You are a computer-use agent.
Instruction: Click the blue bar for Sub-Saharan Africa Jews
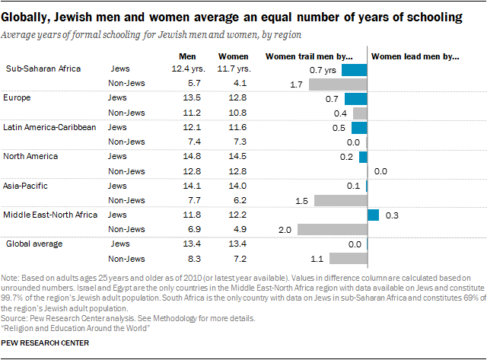(354, 70)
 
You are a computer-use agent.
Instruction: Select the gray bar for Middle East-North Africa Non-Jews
(332, 229)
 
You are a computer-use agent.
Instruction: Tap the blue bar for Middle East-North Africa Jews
(373, 215)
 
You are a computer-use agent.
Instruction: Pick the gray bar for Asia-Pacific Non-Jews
(340, 200)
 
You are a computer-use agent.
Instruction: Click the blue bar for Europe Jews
(355, 99)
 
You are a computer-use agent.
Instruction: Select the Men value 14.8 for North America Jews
(188, 156)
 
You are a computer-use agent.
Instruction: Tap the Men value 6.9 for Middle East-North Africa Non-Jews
(188, 228)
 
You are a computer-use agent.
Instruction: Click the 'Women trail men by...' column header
(308, 56)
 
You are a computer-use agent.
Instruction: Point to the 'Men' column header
(187, 56)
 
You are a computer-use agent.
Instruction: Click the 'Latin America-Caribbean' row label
(50, 126)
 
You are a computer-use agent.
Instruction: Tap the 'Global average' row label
(36, 244)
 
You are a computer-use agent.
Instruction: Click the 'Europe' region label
(18, 98)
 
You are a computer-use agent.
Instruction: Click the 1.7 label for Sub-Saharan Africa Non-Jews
(297, 84)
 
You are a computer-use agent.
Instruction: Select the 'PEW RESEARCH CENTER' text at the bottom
(46, 343)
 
